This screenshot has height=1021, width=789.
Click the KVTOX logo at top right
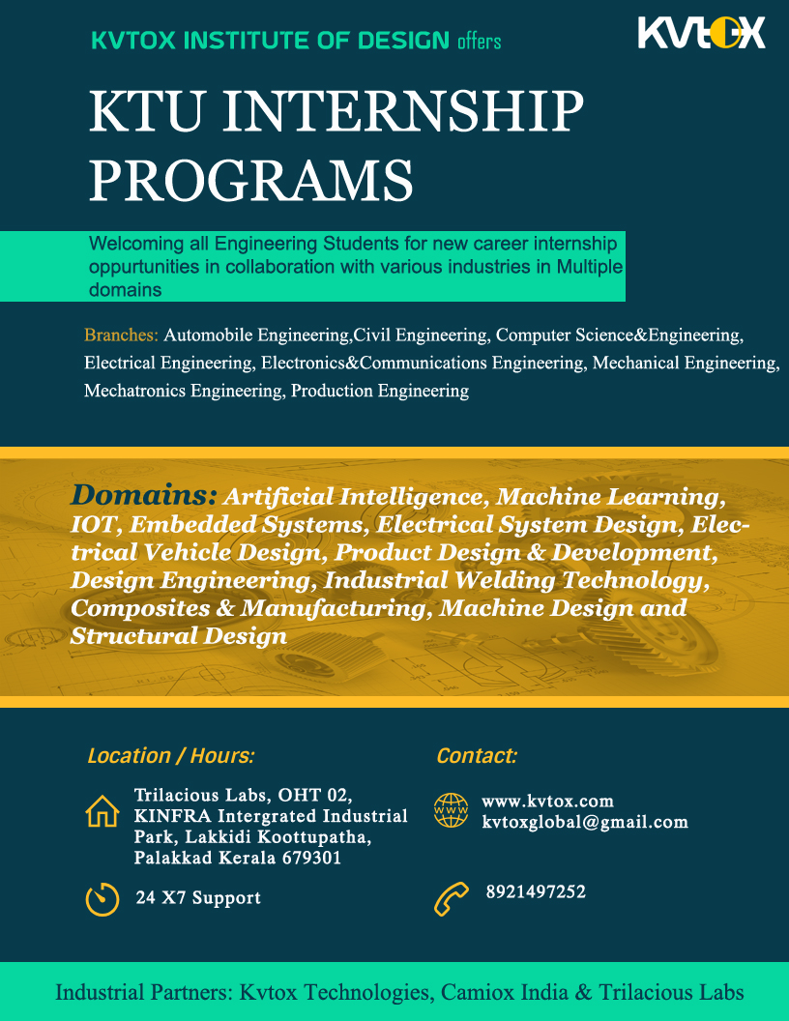701,34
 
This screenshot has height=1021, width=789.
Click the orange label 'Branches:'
121,335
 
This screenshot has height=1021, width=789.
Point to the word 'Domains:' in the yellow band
143,495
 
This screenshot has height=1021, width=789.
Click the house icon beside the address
102,810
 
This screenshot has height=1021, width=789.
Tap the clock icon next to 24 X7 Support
102,898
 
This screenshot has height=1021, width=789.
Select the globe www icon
451,810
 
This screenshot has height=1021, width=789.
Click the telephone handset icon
451,898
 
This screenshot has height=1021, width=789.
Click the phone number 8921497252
536,891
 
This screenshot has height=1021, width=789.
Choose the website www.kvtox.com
547,801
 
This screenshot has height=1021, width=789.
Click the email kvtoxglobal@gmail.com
585,822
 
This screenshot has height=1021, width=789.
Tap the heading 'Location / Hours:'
170,756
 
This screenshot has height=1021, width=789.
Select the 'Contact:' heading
477,756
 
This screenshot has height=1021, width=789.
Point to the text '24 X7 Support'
198,898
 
